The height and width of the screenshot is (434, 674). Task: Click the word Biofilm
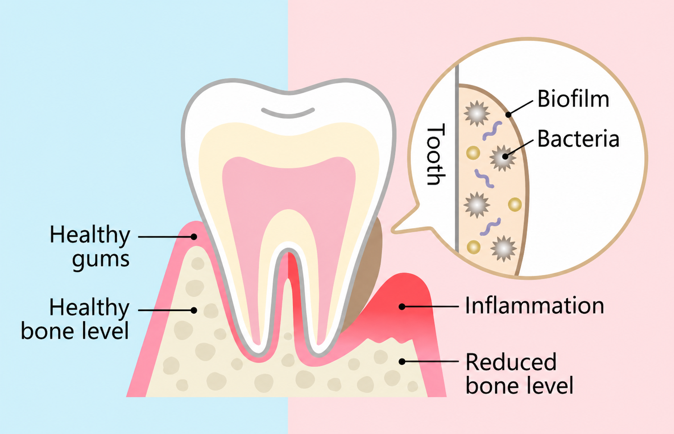[573, 98]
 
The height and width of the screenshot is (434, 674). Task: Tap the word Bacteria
[578, 139]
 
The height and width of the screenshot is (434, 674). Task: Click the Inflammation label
[535, 305]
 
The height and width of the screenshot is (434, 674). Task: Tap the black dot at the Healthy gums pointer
[194, 237]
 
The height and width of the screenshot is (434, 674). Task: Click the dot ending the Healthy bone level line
[194, 310]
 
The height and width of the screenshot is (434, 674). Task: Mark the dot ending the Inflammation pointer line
[402, 307]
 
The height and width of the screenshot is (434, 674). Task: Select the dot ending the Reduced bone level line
[402, 362]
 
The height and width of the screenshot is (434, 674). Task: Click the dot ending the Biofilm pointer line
[508, 114]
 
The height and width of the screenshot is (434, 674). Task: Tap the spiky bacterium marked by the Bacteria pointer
[503, 158]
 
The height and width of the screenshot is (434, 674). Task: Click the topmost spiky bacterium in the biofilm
[477, 113]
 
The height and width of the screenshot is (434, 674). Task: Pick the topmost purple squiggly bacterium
[492, 131]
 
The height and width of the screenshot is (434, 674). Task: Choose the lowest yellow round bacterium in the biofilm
[474, 247]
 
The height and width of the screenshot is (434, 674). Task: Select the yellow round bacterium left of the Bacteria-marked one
[473, 153]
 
